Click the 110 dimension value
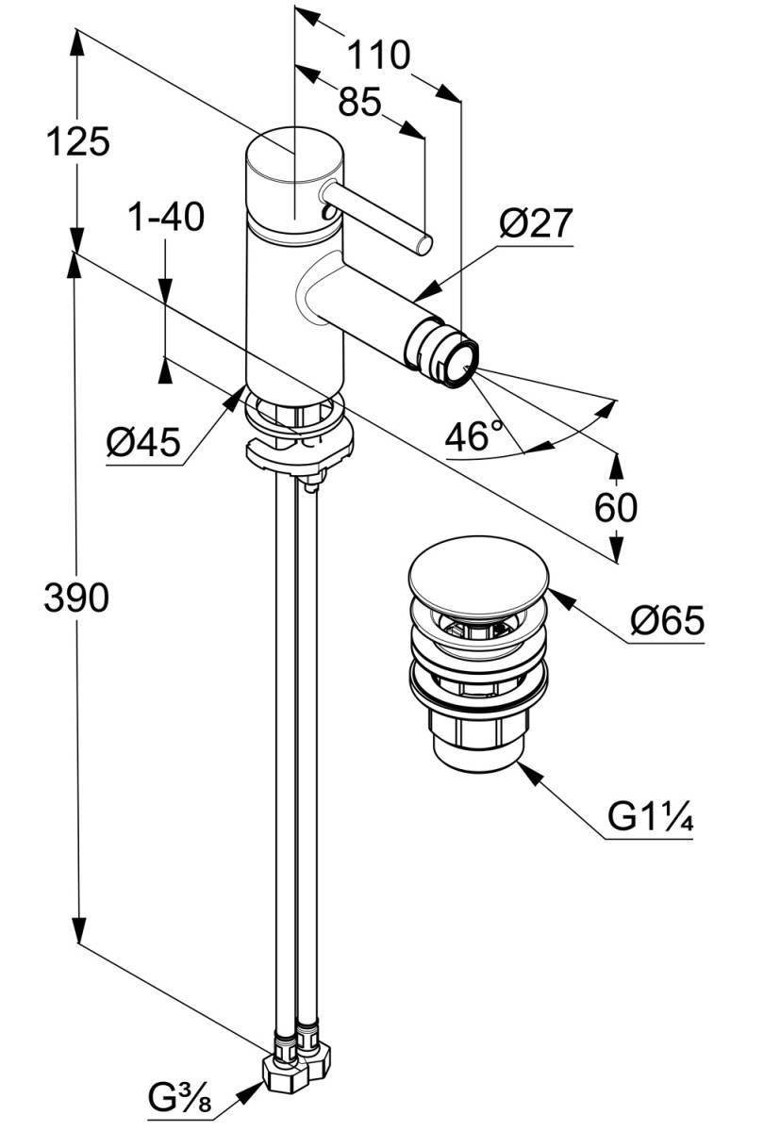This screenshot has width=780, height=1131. pos(378,55)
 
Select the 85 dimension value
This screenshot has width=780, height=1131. pos(359,102)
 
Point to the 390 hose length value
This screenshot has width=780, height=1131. pos(76,598)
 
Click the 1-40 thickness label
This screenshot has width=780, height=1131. pos(167,217)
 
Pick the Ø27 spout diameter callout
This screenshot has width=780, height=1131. pos(536,223)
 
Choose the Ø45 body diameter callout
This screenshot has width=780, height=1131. pos(143,442)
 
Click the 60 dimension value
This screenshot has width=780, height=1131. pos(615,507)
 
